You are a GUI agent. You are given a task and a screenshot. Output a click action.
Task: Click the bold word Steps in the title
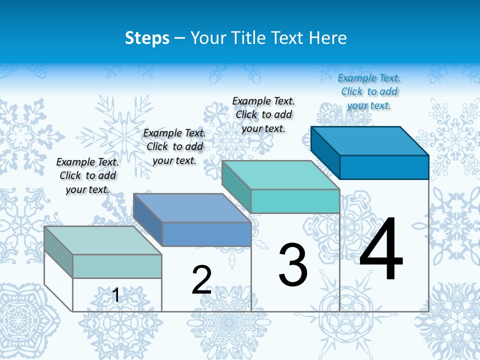coord(147,38)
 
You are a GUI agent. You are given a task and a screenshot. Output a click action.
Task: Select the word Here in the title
coord(327,38)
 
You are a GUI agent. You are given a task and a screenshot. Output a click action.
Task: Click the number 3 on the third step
coord(293,265)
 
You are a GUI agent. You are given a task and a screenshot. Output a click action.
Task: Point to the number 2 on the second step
coord(201,280)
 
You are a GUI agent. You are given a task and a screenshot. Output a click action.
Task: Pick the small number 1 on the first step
coord(116,295)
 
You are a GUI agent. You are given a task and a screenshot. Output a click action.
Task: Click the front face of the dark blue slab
coord(384,167)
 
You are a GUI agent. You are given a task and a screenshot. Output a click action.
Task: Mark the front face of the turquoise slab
coord(295,201)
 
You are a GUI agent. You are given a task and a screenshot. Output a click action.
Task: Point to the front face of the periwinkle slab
coord(206,234)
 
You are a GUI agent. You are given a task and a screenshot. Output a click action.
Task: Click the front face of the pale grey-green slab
coord(117,266)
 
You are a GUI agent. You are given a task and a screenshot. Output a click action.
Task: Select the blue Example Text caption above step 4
coord(369,92)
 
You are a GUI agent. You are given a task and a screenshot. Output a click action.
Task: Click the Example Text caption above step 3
coord(263,114)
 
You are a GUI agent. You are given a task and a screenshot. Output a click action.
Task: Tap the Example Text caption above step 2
coord(174,146)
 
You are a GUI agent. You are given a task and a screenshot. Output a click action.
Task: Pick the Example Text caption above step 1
coord(87,175)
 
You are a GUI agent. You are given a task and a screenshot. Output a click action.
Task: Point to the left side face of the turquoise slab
coord(236,186)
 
